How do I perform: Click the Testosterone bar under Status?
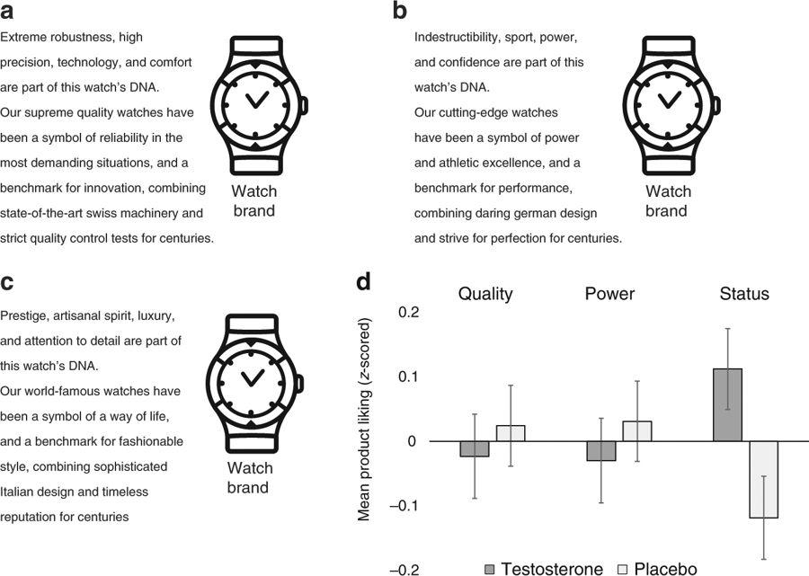click(x=727, y=404)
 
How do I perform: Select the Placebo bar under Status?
click(x=763, y=480)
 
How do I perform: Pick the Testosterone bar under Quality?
click(x=475, y=448)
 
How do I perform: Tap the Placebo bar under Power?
click(x=637, y=431)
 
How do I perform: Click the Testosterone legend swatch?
click(x=490, y=570)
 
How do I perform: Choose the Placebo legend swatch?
click(x=623, y=570)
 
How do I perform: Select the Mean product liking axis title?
click(x=364, y=420)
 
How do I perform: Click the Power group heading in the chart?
click(x=609, y=294)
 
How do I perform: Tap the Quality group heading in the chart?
click(x=485, y=294)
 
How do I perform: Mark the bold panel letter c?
click(x=6, y=282)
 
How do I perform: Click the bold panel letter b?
click(x=399, y=10)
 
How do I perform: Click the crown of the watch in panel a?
click(x=305, y=104)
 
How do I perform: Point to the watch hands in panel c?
click(x=253, y=378)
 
